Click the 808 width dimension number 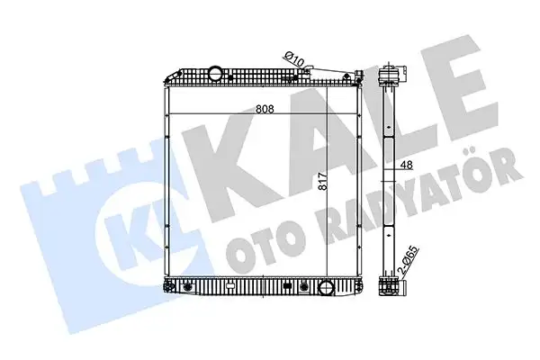(x=265, y=109)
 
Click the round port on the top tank (x=216, y=73)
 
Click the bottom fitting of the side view (x=390, y=288)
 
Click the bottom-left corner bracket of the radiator (x=168, y=290)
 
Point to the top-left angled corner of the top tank (x=166, y=72)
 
